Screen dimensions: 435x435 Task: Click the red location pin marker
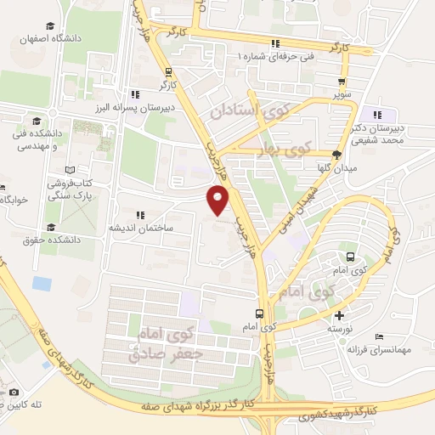click(x=218, y=201)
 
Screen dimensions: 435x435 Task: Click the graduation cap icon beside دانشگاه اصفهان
click(x=51, y=27)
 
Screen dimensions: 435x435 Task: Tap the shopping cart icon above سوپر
click(x=342, y=83)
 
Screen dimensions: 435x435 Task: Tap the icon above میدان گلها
click(x=337, y=155)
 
